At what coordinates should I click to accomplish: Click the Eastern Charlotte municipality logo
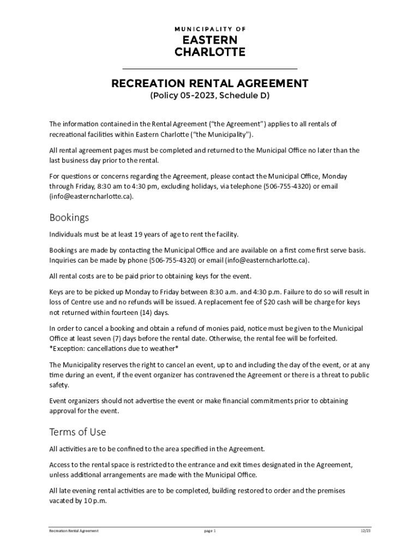[210, 41]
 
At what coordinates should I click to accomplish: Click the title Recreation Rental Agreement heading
[210, 83]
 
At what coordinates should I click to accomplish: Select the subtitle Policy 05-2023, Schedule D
[210, 96]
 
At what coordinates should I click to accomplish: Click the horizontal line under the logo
[210, 69]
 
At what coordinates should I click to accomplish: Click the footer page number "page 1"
[210, 531]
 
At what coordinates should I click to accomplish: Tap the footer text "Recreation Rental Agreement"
[74, 531]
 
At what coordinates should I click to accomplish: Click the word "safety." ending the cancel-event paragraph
[59, 385]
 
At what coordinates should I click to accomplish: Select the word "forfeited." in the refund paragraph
[336, 338]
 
